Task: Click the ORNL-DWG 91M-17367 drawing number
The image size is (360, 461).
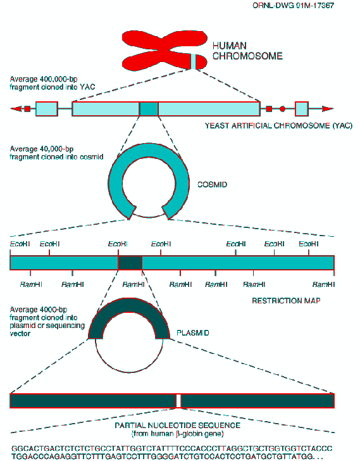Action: click(x=293, y=6)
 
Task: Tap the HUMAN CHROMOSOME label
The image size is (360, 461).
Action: click(x=247, y=51)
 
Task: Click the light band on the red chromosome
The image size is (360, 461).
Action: click(x=194, y=61)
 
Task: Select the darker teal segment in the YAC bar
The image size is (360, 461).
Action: click(x=149, y=109)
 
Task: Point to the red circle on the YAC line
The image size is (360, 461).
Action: click(x=282, y=109)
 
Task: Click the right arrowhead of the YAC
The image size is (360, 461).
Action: click(x=328, y=109)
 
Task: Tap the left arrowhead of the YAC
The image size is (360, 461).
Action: click(x=16, y=109)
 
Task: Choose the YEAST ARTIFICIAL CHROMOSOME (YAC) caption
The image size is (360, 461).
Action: click(x=278, y=126)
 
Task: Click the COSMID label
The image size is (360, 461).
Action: click(x=212, y=185)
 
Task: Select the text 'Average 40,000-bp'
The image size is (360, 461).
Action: click(x=41, y=149)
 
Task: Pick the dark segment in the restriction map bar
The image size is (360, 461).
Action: click(x=130, y=263)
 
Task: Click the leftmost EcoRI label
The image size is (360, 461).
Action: click(x=20, y=244)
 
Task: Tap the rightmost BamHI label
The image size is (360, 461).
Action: click(x=323, y=284)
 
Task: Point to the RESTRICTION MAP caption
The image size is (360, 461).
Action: click(x=286, y=301)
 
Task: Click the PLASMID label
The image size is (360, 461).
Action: click(x=192, y=333)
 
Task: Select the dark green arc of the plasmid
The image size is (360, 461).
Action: click(x=129, y=305)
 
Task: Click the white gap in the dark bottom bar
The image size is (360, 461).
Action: click(x=178, y=401)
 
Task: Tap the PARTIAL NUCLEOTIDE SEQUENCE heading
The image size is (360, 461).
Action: click(x=177, y=426)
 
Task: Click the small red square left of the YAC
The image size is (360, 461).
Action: click(x=27, y=109)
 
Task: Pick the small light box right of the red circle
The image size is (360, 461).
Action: click(x=302, y=109)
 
